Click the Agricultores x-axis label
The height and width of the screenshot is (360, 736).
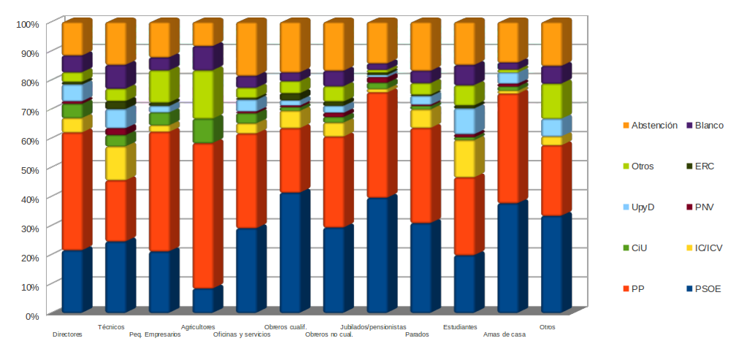198,327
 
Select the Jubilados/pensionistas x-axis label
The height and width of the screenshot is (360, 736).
373,327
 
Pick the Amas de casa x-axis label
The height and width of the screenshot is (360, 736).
505,335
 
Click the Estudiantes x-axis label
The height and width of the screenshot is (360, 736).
460,327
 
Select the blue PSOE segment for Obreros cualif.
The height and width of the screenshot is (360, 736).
291,252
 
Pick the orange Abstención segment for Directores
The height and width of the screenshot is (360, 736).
73,39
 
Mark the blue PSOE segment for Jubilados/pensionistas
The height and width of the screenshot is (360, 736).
377,255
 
